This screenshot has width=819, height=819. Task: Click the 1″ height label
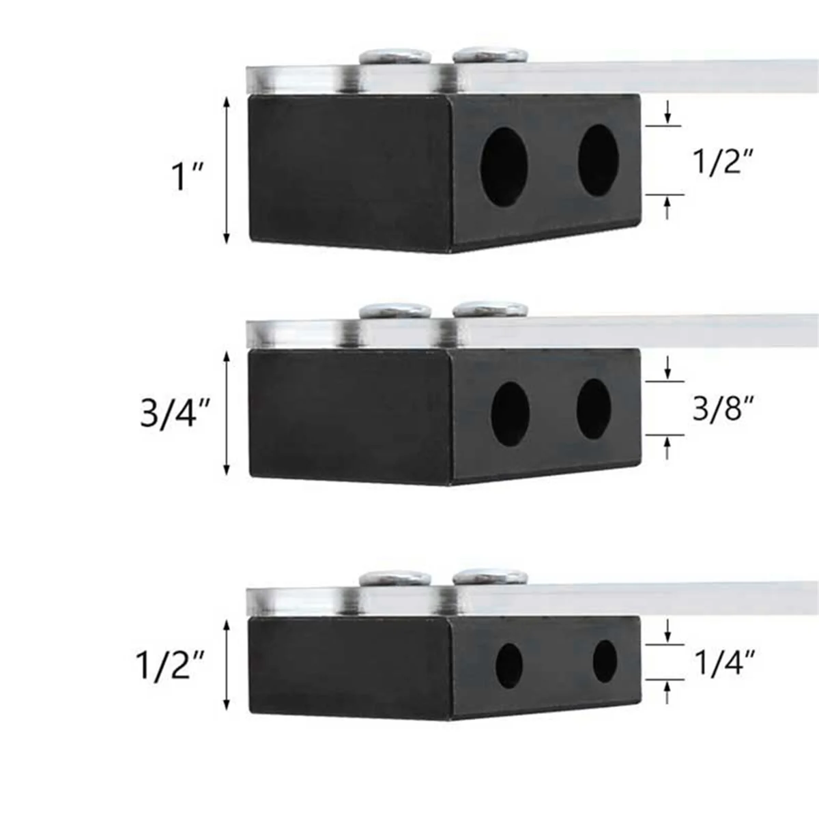pyautogui.click(x=181, y=176)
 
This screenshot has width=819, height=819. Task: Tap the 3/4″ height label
pyautogui.click(x=174, y=414)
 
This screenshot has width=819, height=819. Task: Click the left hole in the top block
pyautogui.click(x=504, y=165)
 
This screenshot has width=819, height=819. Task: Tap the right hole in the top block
pyautogui.click(x=598, y=158)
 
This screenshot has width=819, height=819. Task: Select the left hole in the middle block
pyautogui.click(x=510, y=414)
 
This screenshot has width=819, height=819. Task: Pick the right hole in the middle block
pyautogui.click(x=594, y=408)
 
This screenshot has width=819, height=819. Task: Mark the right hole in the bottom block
pyautogui.click(x=605, y=661)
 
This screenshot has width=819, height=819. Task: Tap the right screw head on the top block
pyautogui.click(x=490, y=54)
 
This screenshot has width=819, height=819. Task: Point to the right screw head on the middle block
pyautogui.click(x=490, y=308)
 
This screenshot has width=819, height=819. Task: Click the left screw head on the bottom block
pyautogui.click(x=396, y=579)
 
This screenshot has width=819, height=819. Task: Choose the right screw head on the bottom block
pyautogui.click(x=490, y=577)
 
